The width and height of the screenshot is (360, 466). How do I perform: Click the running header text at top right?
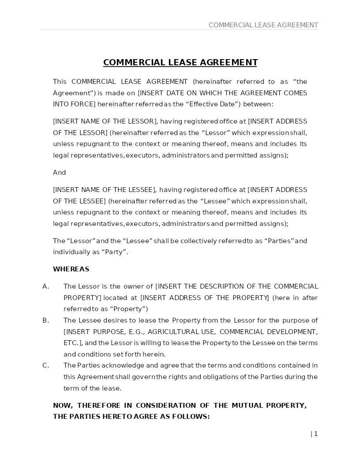[x=263, y=25]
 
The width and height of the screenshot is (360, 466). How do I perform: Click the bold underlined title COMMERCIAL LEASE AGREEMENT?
[x=180, y=63]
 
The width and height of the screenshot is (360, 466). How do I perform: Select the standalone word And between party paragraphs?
[x=59, y=173]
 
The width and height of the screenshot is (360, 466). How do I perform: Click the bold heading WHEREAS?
[x=71, y=269]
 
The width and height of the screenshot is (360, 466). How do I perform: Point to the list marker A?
[x=45, y=286]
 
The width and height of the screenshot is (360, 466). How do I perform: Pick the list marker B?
[x=45, y=320]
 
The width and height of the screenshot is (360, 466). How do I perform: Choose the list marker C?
[x=45, y=365]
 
